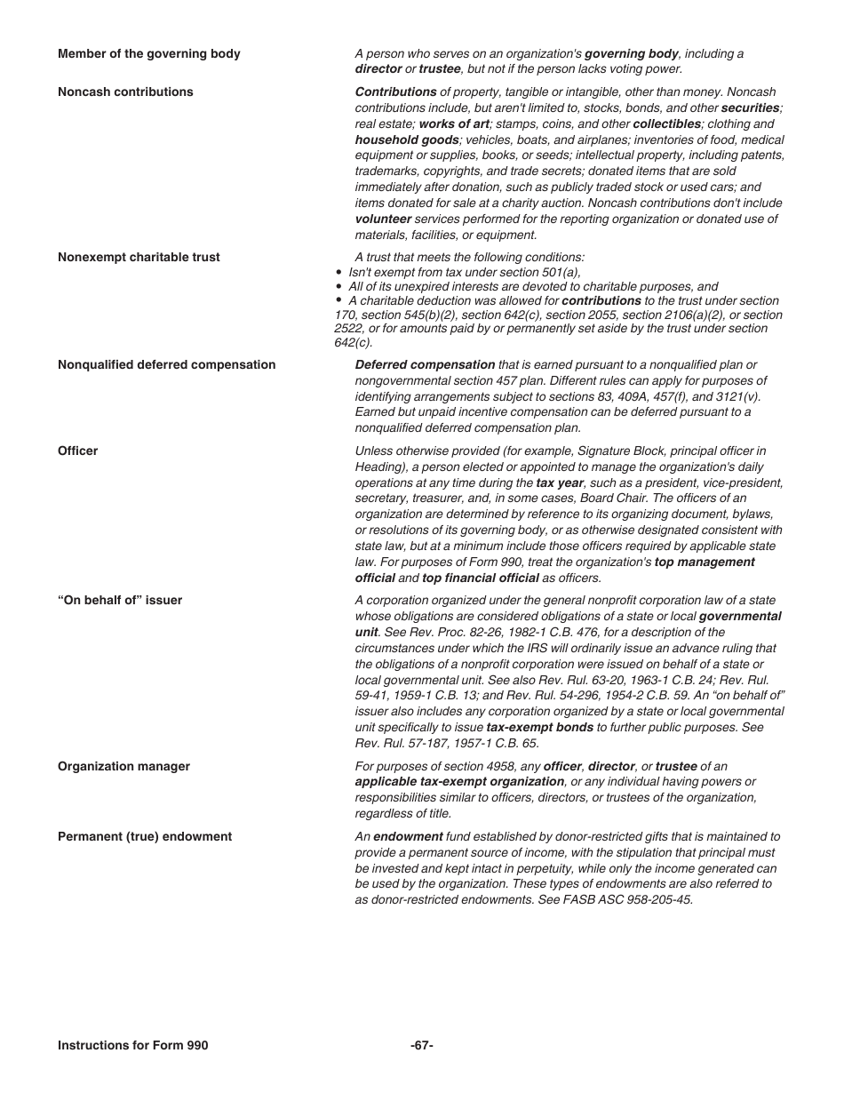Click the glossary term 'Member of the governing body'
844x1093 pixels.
(x=148, y=54)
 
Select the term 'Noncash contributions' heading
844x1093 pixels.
(x=125, y=92)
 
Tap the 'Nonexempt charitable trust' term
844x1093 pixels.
(x=139, y=258)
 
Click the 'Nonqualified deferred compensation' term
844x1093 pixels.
(x=166, y=365)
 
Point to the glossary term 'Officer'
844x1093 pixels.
(x=78, y=451)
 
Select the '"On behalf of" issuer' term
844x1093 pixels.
(x=120, y=601)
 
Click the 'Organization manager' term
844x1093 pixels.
(x=123, y=767)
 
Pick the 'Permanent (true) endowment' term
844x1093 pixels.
(x=145, y=837)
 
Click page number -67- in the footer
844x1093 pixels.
(x=422, y=1046)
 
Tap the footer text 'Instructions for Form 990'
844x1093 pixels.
(x=132, y=1046)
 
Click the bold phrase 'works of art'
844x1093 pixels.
(x=454, y=124)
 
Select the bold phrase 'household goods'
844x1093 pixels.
(x=407, y=140)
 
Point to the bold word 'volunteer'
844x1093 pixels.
(x=383, y=219)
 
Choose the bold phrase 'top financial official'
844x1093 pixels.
(x=480, y=578)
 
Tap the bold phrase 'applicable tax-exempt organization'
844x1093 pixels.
(x=459, y=782)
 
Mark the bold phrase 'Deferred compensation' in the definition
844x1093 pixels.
(x=425, y=365)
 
